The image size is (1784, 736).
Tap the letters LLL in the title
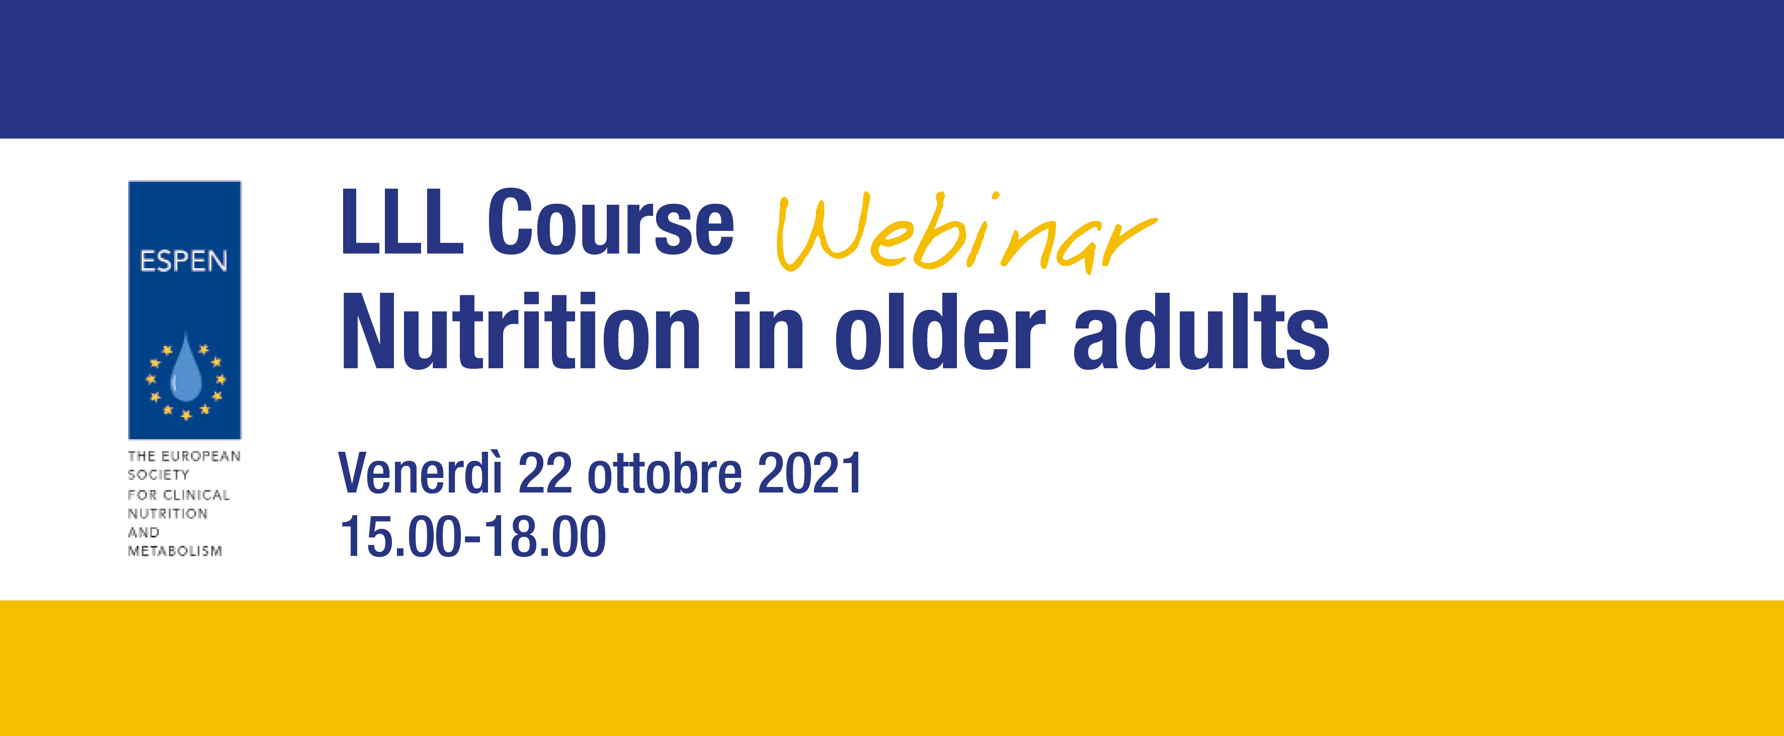point(401,221)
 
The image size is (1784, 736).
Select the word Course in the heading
point(610,221)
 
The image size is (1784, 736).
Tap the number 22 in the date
point(545,473)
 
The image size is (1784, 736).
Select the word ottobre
point(665,473)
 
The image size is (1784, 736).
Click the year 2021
point(809,473)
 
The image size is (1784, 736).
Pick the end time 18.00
point(544,537)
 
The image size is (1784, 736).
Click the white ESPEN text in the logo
point(184,261)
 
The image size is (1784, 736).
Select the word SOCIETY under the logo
point(158,475)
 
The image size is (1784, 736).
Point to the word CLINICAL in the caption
point(196,495)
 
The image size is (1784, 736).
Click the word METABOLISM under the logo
point(175,551)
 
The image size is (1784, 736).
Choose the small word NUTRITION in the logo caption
point(168,514)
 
